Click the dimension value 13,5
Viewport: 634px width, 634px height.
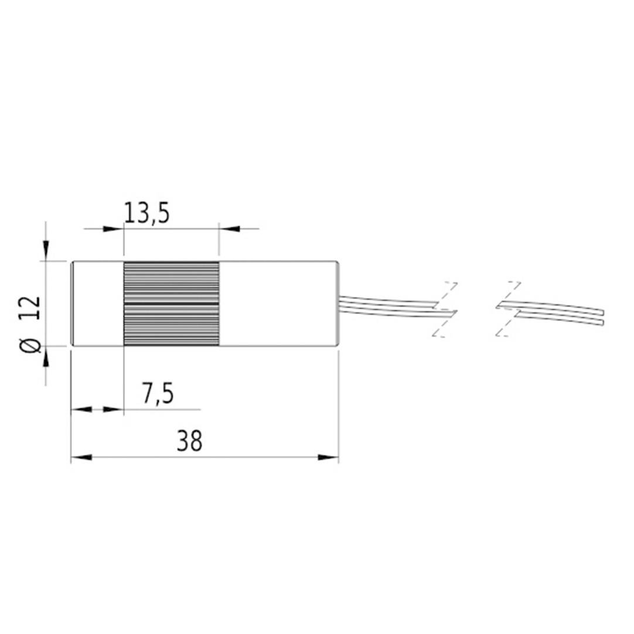[x=146, y=213]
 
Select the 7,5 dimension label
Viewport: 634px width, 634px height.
[x=158, y=394]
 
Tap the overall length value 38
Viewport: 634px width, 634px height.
[x=189, y=441]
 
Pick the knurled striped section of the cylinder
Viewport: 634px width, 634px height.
[x=171, y=303]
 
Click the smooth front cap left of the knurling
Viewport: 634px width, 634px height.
[x=97, y=303]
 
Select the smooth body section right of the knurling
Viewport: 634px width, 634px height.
[x=278, y=303]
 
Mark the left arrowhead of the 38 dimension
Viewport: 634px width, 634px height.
[x=80, y=457]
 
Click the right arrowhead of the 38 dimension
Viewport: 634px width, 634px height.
[x=329, y=457]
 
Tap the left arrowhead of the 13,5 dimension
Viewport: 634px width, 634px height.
[x=114, y=229]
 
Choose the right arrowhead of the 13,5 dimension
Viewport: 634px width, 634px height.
[x=229, y=229]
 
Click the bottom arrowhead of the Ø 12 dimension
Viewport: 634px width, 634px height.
[x=46, y=356]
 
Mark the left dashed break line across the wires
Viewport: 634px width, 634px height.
[x=444, y=309]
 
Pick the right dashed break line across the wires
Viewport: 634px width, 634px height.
[x=507, y=309]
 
